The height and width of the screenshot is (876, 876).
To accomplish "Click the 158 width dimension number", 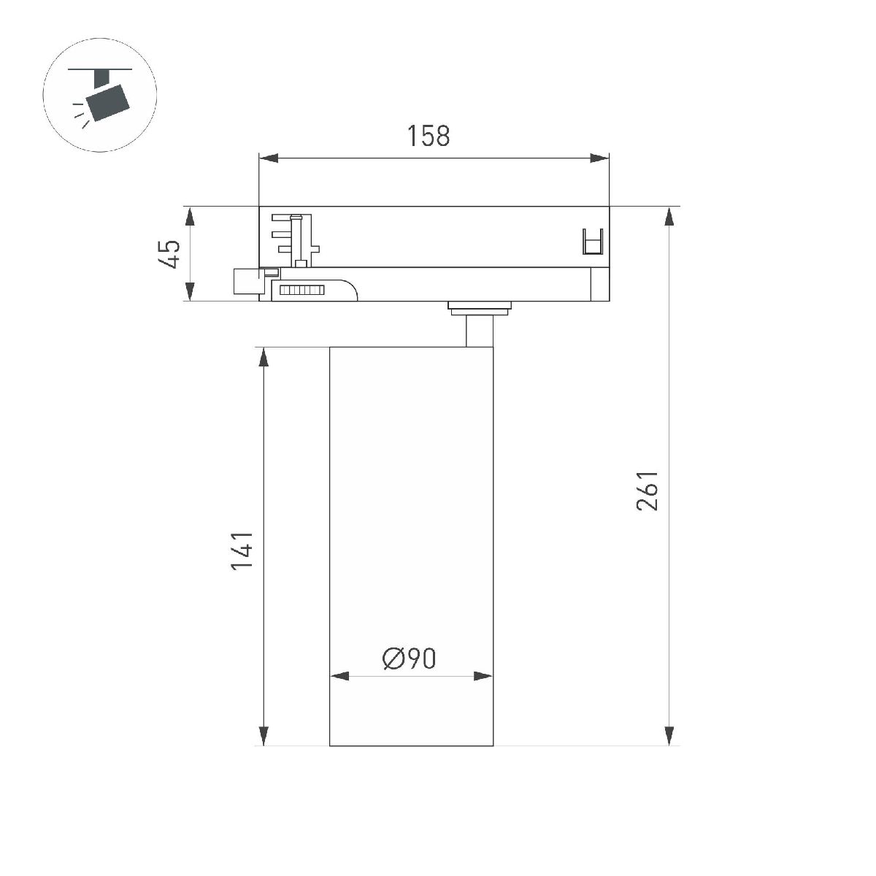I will click(x=429, y=136).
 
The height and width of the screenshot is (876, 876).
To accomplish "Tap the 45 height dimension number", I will click(x=169, y=253).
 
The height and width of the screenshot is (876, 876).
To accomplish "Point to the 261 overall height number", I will click(x=648, y=491).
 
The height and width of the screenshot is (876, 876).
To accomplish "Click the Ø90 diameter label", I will click(x=409, y=658).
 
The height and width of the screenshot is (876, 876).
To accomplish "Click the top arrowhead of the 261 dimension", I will click(x=669, y=217).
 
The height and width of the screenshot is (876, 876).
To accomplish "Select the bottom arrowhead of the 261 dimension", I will click(x=669, y=736).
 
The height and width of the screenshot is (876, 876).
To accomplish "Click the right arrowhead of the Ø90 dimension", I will click(x=484, y=676).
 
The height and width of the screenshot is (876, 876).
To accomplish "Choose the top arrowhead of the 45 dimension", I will click(x=189, y=217).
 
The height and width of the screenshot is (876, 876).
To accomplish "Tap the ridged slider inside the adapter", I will click(x=301, y=291).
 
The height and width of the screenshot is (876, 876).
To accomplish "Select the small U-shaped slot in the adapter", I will click(x=592, y=242).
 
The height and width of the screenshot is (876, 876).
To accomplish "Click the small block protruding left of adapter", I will click(x=246, y=281).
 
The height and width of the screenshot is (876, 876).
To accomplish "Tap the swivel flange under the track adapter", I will click(x=479, y=307).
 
